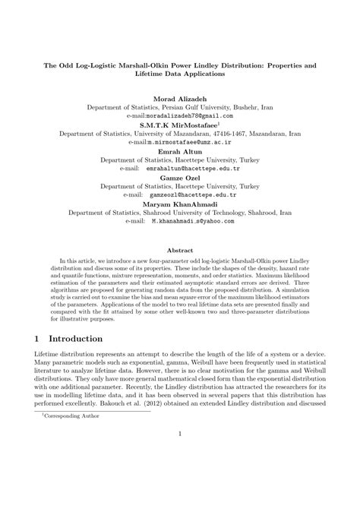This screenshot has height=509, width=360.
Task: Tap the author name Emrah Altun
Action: (x=180, y=151)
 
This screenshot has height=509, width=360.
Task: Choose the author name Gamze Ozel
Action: (x=180, y=176)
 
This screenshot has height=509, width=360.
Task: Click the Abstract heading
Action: (x=180, y=248)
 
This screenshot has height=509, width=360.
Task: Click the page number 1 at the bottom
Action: (x=180, y=476)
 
